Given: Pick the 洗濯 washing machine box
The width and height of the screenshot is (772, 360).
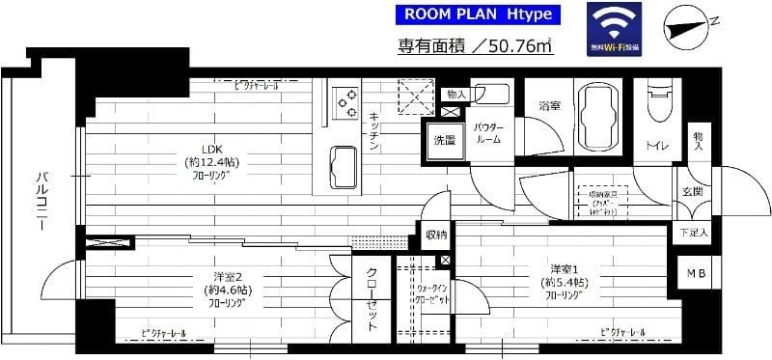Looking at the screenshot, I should pyautogui.click(x=445, y=140).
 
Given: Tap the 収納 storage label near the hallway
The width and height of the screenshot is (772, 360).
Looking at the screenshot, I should pyautogui.click(x=435, y=235).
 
